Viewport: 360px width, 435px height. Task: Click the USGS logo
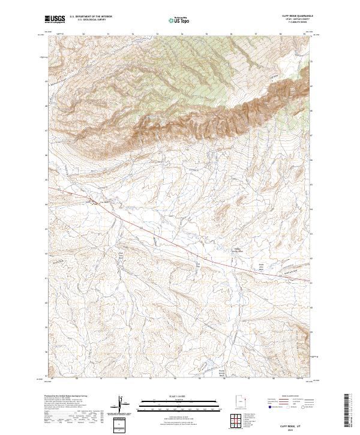tap(55, 19)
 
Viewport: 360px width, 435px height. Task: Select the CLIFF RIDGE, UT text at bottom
tap(287, 424)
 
